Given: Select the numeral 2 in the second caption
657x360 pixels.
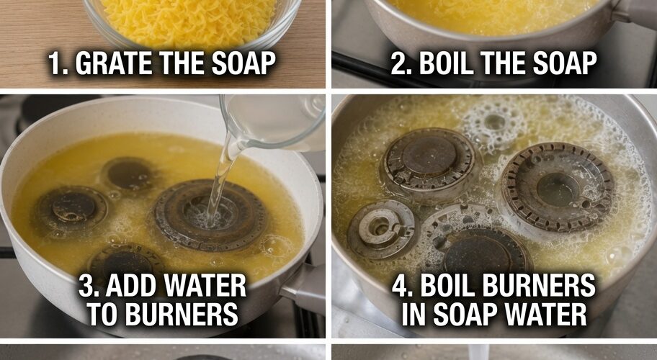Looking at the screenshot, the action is coord(399,63).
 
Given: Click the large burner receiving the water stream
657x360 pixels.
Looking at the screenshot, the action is coord(211,215).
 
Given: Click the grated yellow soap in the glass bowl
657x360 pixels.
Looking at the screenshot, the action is coord(189,19).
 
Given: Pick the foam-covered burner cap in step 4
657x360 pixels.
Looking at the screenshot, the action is coord(494,122).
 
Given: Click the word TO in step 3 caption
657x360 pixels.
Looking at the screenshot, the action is coord(103,315).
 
